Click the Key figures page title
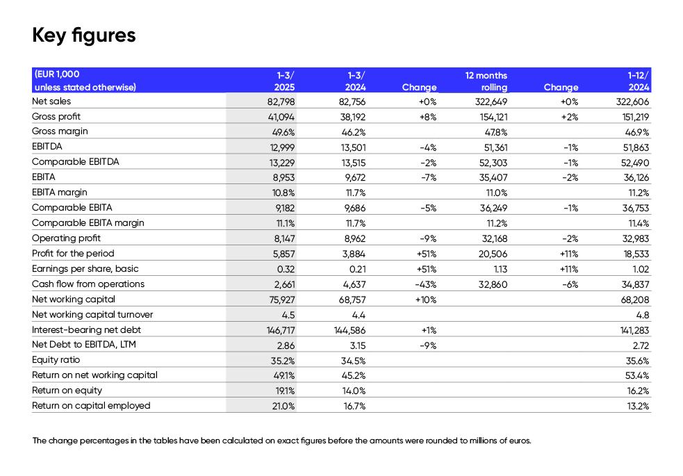point(84,35)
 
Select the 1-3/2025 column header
point(285,81)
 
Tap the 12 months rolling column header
point(486,81)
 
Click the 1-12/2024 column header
point(638,81)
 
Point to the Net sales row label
point(51,101)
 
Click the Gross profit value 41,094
point(281,117)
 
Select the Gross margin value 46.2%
point(353,133)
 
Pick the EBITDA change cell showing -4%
point(428,147)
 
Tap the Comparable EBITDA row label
point(75,162)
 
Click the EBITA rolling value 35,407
point(493,178)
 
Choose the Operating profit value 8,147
point(284,238)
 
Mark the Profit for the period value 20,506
point(493,254)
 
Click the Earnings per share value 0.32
point(286,269)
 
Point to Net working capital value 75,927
point(282,299)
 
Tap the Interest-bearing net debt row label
point(86,329)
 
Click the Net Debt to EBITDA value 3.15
point(357,345)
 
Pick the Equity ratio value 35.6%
point(637,361)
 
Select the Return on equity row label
point(67,391)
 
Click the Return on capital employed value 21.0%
point(283,407)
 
